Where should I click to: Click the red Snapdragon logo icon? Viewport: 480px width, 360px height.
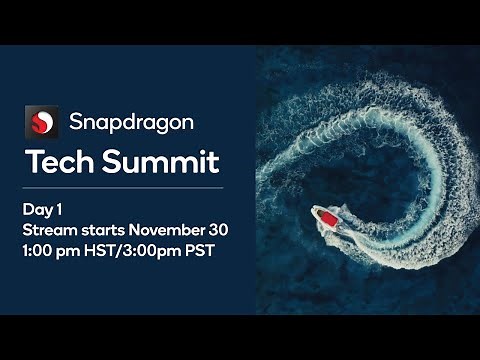pyautogui.click(x=41, y=123)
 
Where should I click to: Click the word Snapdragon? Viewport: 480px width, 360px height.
pyautogui.click(x=131, y=123)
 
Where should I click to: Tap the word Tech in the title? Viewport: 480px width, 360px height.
pyautogui.click(x=57, y=161)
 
